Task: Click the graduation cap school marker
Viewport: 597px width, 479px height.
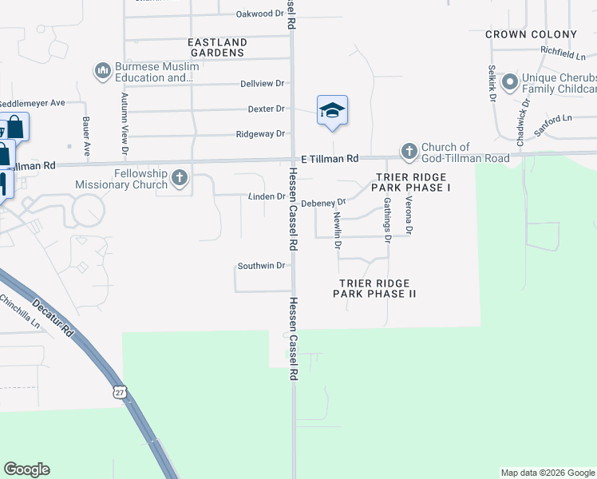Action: [332, 110]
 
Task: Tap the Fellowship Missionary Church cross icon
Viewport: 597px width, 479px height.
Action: [179, 177]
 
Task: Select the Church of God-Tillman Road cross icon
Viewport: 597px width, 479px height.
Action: [409, 150]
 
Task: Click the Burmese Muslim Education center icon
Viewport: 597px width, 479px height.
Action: [102, 72]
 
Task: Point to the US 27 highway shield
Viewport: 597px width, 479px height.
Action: [119, 392]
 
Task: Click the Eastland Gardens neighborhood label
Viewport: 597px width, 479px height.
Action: [215, 47]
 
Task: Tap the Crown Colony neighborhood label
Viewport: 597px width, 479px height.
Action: [531, 34]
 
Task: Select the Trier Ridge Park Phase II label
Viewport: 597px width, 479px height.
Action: [374, 288]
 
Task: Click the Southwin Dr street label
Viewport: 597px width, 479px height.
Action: [261, 266]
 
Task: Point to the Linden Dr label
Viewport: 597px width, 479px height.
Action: [267, 196]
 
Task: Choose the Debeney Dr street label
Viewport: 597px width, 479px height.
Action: [322, 203]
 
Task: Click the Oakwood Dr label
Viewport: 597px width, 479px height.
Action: [260, 14]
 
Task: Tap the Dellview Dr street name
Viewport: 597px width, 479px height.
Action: [262, 84]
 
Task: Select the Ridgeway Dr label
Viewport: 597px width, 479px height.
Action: [260, 134]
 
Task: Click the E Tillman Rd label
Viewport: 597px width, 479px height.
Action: [330, 159]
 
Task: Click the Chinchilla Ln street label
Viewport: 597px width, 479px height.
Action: [19, 312]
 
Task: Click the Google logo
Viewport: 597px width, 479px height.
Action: [26, 469]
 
